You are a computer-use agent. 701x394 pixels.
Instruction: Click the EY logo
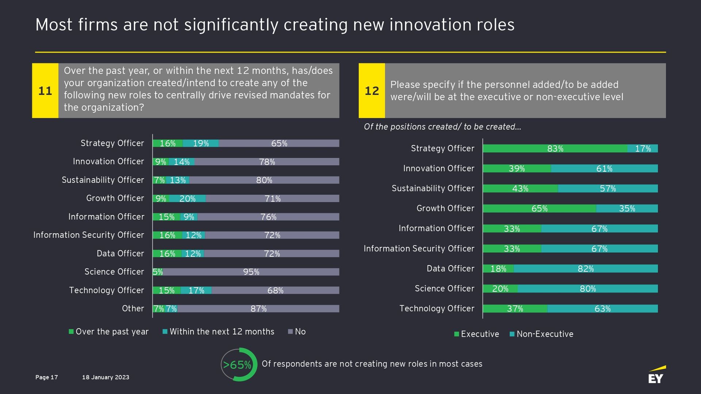[x=656, y=375]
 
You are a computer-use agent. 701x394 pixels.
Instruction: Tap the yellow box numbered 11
[x=45, y=91]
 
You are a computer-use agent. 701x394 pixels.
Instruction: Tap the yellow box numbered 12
[x=372, y=91]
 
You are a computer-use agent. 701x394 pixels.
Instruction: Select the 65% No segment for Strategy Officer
[x=279, y=144]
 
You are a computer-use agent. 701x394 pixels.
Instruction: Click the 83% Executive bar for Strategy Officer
[x=555, y=149]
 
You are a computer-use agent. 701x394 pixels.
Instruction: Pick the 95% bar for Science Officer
[x=251, y=272]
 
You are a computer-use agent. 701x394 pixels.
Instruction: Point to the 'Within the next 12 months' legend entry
[x=218, y=332]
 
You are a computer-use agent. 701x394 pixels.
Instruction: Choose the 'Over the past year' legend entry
[x=109, y=332]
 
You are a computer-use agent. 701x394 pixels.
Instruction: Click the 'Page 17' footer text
[x=47, y=377]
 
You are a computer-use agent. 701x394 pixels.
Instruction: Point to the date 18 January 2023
[x=106, y=377]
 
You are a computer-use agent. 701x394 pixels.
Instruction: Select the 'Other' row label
[x=133, y=309]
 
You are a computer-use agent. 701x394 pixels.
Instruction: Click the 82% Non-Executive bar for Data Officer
[x=586, y=269]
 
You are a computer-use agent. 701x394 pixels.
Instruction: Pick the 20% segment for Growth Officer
[x=187, y=199]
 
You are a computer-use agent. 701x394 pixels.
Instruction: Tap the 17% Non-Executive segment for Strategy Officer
[x=643, y=149]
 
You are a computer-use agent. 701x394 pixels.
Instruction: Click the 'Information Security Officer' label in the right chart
[x=419, y=249]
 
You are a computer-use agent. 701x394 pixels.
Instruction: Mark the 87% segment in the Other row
[x=258, y=309]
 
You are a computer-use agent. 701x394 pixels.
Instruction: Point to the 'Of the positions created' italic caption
[x=442, y=127]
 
